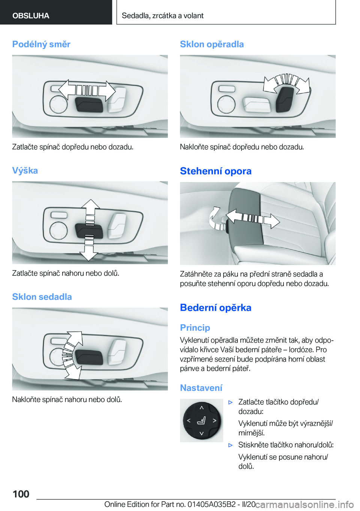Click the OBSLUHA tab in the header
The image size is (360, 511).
tap(31, 15)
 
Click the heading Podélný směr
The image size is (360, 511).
tap(41, 44)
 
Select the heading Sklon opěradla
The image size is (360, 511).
tap(212, 44)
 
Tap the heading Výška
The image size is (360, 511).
tap(25, 170)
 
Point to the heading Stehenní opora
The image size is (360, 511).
tap(216, 171)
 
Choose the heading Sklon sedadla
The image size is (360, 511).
tap(42, 296)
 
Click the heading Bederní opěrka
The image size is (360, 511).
tap(216, 308)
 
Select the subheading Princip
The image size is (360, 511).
tap(195, 328)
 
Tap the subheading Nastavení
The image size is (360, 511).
tap(201, 388)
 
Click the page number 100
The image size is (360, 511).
tap(21, 494)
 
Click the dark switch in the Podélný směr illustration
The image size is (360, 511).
tap(89, 104)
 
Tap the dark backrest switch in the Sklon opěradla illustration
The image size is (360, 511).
tap(285, 100)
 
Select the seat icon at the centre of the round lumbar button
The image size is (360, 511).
tap(201, 421)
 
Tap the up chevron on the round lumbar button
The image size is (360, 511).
tap(201, 407)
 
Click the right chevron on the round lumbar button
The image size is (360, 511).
tap(214, 421)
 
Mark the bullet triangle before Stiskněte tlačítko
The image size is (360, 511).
tap(231, 445)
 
